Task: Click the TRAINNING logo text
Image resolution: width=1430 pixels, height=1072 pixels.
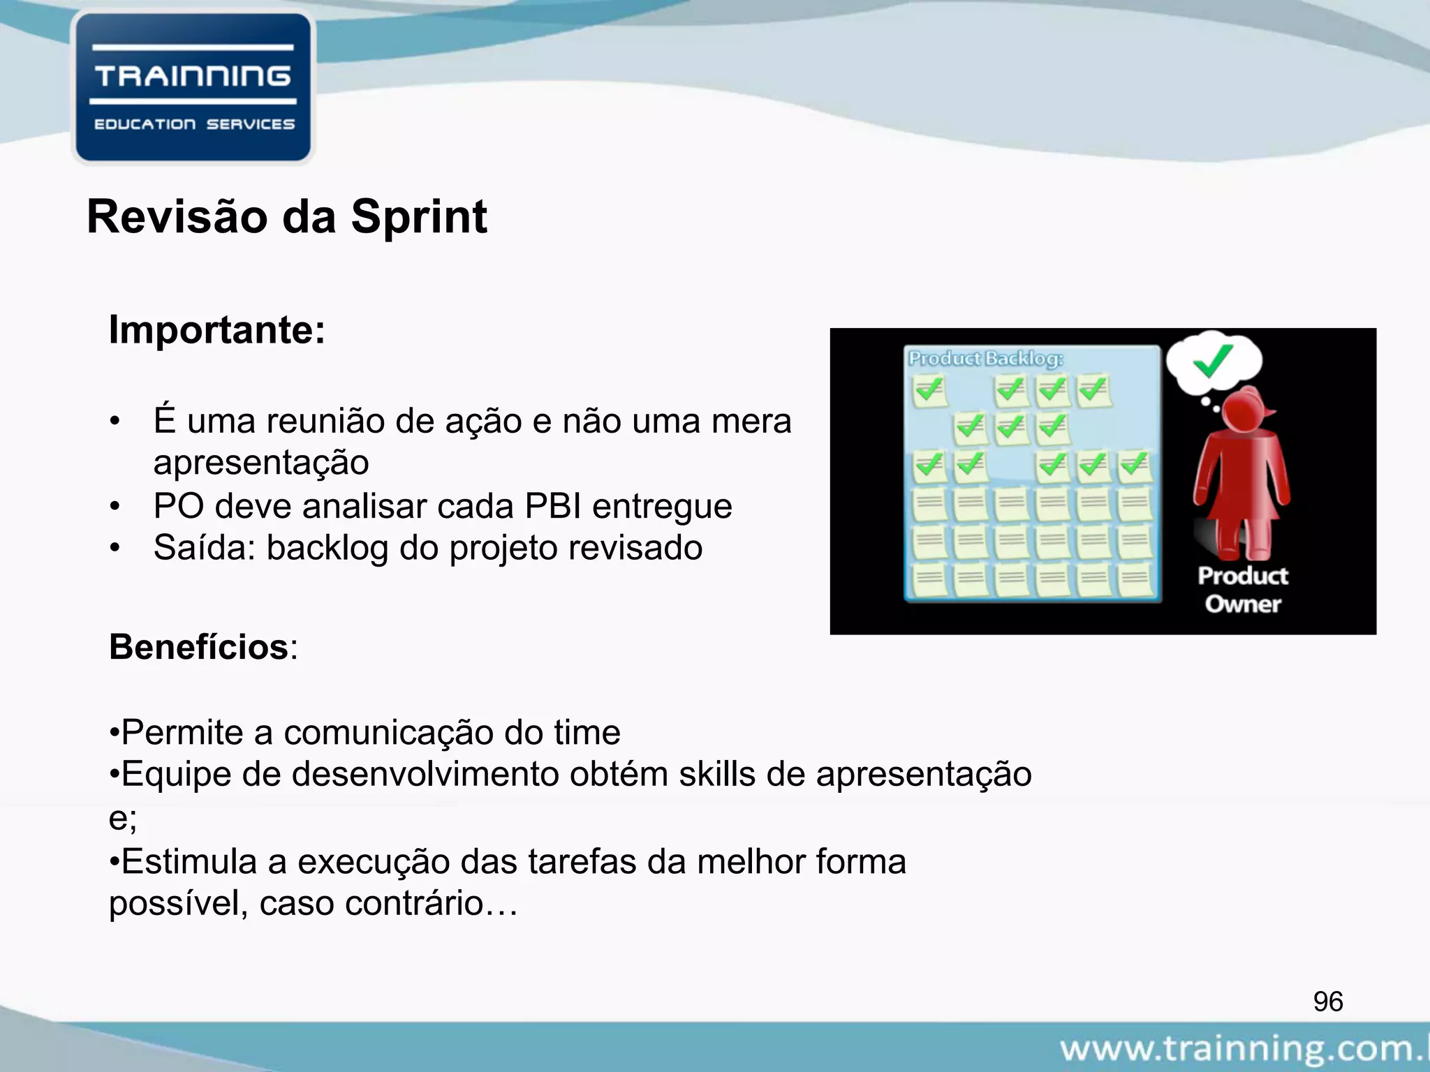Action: pos(193,76)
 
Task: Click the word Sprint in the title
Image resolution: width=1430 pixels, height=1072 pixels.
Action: pos(419,218)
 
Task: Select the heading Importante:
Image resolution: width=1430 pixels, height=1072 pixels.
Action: pos(217,329)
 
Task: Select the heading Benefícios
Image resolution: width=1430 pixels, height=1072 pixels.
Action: pos(199,647)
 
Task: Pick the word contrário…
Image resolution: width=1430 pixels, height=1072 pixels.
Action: pos(431,904)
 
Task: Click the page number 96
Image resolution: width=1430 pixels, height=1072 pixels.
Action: pos(1327,1002)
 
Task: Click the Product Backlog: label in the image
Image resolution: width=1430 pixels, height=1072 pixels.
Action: pos(985,359)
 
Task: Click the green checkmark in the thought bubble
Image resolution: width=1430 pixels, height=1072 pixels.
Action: pos(1212,361)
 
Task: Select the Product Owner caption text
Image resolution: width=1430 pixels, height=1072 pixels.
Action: pos(1243,590)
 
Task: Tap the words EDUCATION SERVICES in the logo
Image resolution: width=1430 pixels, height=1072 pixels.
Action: pos(194,124)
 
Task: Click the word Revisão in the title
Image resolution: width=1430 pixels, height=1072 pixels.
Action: pos(177,218)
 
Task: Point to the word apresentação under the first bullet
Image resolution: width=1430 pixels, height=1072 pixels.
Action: pos(261,463)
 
